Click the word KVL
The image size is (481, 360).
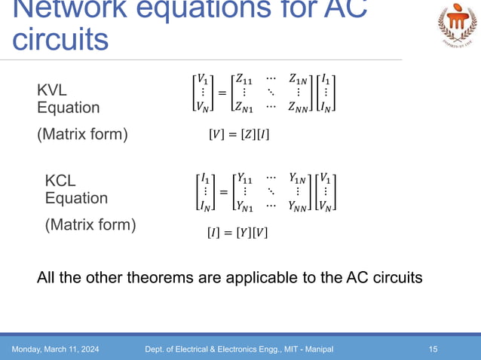(x=52, y=91)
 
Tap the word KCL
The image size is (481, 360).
(x=60, y=181)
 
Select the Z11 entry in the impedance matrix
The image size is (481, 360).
(x=245, y=78)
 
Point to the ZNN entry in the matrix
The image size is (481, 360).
(x=299, y=108)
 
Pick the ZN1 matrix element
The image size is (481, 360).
(x=246, y=108)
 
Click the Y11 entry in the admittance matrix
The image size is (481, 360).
(x=245, y=178)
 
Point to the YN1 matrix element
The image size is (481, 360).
(x=246, y=206)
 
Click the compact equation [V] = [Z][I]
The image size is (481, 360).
(x=238, y=136)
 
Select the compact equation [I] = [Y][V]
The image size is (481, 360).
(x=237, y=233)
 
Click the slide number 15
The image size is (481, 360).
(x=433, y=349)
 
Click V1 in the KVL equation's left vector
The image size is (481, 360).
(x=202, y=78)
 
